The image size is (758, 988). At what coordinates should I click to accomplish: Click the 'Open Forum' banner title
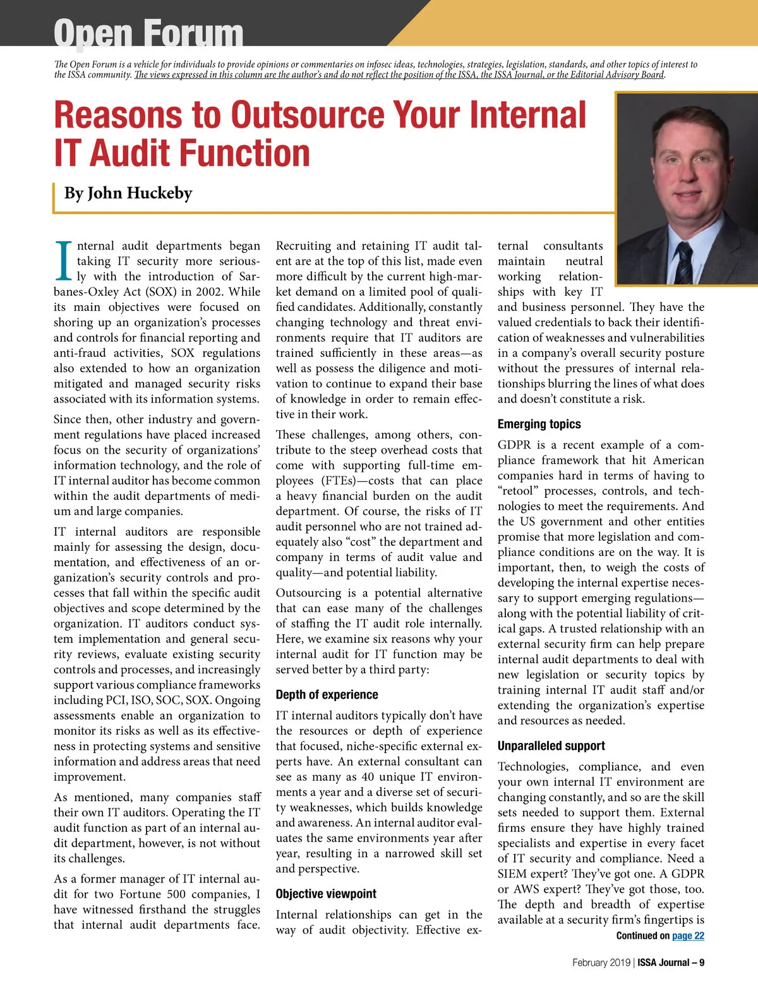148,33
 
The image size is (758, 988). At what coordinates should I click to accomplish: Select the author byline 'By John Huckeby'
128,193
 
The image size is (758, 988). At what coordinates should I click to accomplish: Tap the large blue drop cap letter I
64,260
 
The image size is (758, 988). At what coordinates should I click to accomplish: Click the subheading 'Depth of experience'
327,695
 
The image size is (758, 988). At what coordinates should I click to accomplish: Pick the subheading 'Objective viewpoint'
325,894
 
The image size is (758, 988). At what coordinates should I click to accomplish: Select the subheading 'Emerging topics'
539,425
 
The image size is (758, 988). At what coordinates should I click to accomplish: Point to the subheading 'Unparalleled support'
551,746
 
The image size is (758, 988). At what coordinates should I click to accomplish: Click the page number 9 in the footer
701,963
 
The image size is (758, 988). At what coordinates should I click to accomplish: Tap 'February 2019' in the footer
601,963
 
